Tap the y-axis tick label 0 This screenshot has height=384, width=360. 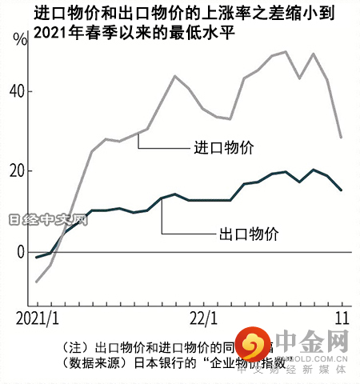[x=22, y=252]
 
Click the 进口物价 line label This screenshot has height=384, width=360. [x=223, y=147]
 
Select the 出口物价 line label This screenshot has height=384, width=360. [x=249, y=234]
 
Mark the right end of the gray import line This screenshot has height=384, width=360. [x=342, y=138]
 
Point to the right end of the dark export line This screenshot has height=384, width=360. [x=342, y=190]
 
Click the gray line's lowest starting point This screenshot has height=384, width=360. [x=37, y=282]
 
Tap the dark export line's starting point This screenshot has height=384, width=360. [x=37, y=257]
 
